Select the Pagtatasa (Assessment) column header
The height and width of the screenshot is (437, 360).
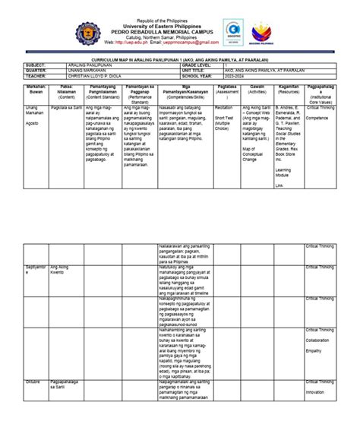click(x=226, y=90)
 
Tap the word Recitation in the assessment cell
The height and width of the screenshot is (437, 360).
click(x=225, y=108)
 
